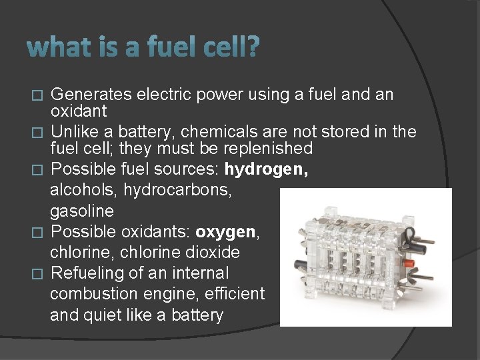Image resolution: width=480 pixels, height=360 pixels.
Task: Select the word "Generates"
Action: [91, 95]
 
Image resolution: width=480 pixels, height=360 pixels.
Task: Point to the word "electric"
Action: [162, 95]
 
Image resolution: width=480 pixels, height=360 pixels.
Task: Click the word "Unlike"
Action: [75, 132]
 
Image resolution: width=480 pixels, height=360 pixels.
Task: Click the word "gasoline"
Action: [82, 211]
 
